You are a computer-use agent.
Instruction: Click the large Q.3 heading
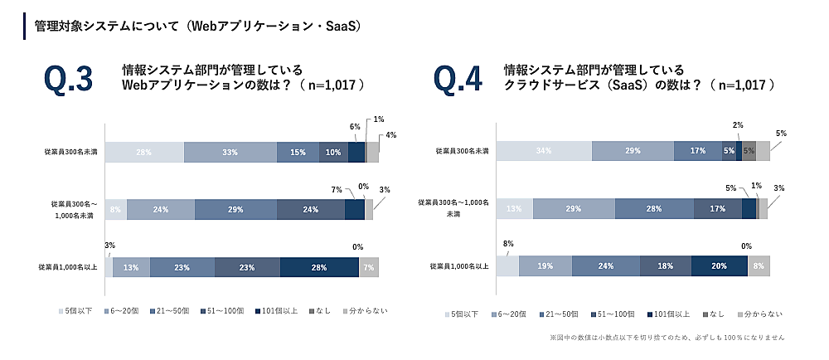click(67, 80)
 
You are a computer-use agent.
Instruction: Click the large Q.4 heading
click(458, 80)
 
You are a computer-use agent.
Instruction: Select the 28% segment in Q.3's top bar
click(143, 152)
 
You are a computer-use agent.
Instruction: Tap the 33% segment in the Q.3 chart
click(230, 152)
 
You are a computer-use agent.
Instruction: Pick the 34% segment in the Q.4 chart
click(543, 150)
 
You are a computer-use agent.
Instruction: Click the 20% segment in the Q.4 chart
click(719, 265)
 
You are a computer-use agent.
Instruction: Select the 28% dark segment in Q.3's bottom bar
click(319, 267)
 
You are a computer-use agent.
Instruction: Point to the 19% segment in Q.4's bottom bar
click(545, 265)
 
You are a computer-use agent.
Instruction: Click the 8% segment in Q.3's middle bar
click(115, 210)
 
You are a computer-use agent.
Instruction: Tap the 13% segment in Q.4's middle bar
click(514, 208)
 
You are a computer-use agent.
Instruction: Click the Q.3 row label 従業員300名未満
click(70, 152)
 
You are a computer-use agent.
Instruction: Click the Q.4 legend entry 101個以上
click(671, 314)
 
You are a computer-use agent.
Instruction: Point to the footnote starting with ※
click(667, 338)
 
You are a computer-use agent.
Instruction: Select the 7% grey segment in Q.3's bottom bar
click(369, 267)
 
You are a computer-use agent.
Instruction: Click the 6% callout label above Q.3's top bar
click(354, 127)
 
